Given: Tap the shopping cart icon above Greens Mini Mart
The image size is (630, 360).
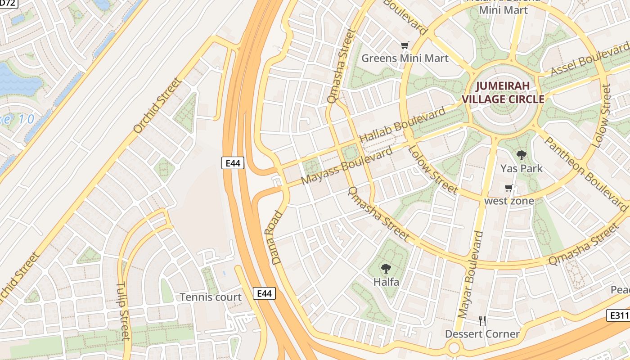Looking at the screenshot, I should (405, 45).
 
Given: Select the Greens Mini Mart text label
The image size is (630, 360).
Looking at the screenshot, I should (405, 58).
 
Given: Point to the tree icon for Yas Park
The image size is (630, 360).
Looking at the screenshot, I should (522, 156).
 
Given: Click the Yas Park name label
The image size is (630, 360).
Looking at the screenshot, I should (522, 169).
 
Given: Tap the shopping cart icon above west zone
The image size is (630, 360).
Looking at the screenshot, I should (509, 188).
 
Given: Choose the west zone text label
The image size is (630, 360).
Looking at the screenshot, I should (509, 201).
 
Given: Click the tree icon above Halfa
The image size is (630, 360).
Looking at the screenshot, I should (386, 269).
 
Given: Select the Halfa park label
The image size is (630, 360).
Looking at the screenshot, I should (386, 282).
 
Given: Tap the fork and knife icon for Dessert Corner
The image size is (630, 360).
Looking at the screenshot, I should (482, 321).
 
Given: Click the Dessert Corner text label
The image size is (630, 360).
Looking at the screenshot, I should (482, 334).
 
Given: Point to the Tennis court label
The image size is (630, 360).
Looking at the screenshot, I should (211, 297).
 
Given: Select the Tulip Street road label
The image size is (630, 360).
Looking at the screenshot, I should (123, 310).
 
